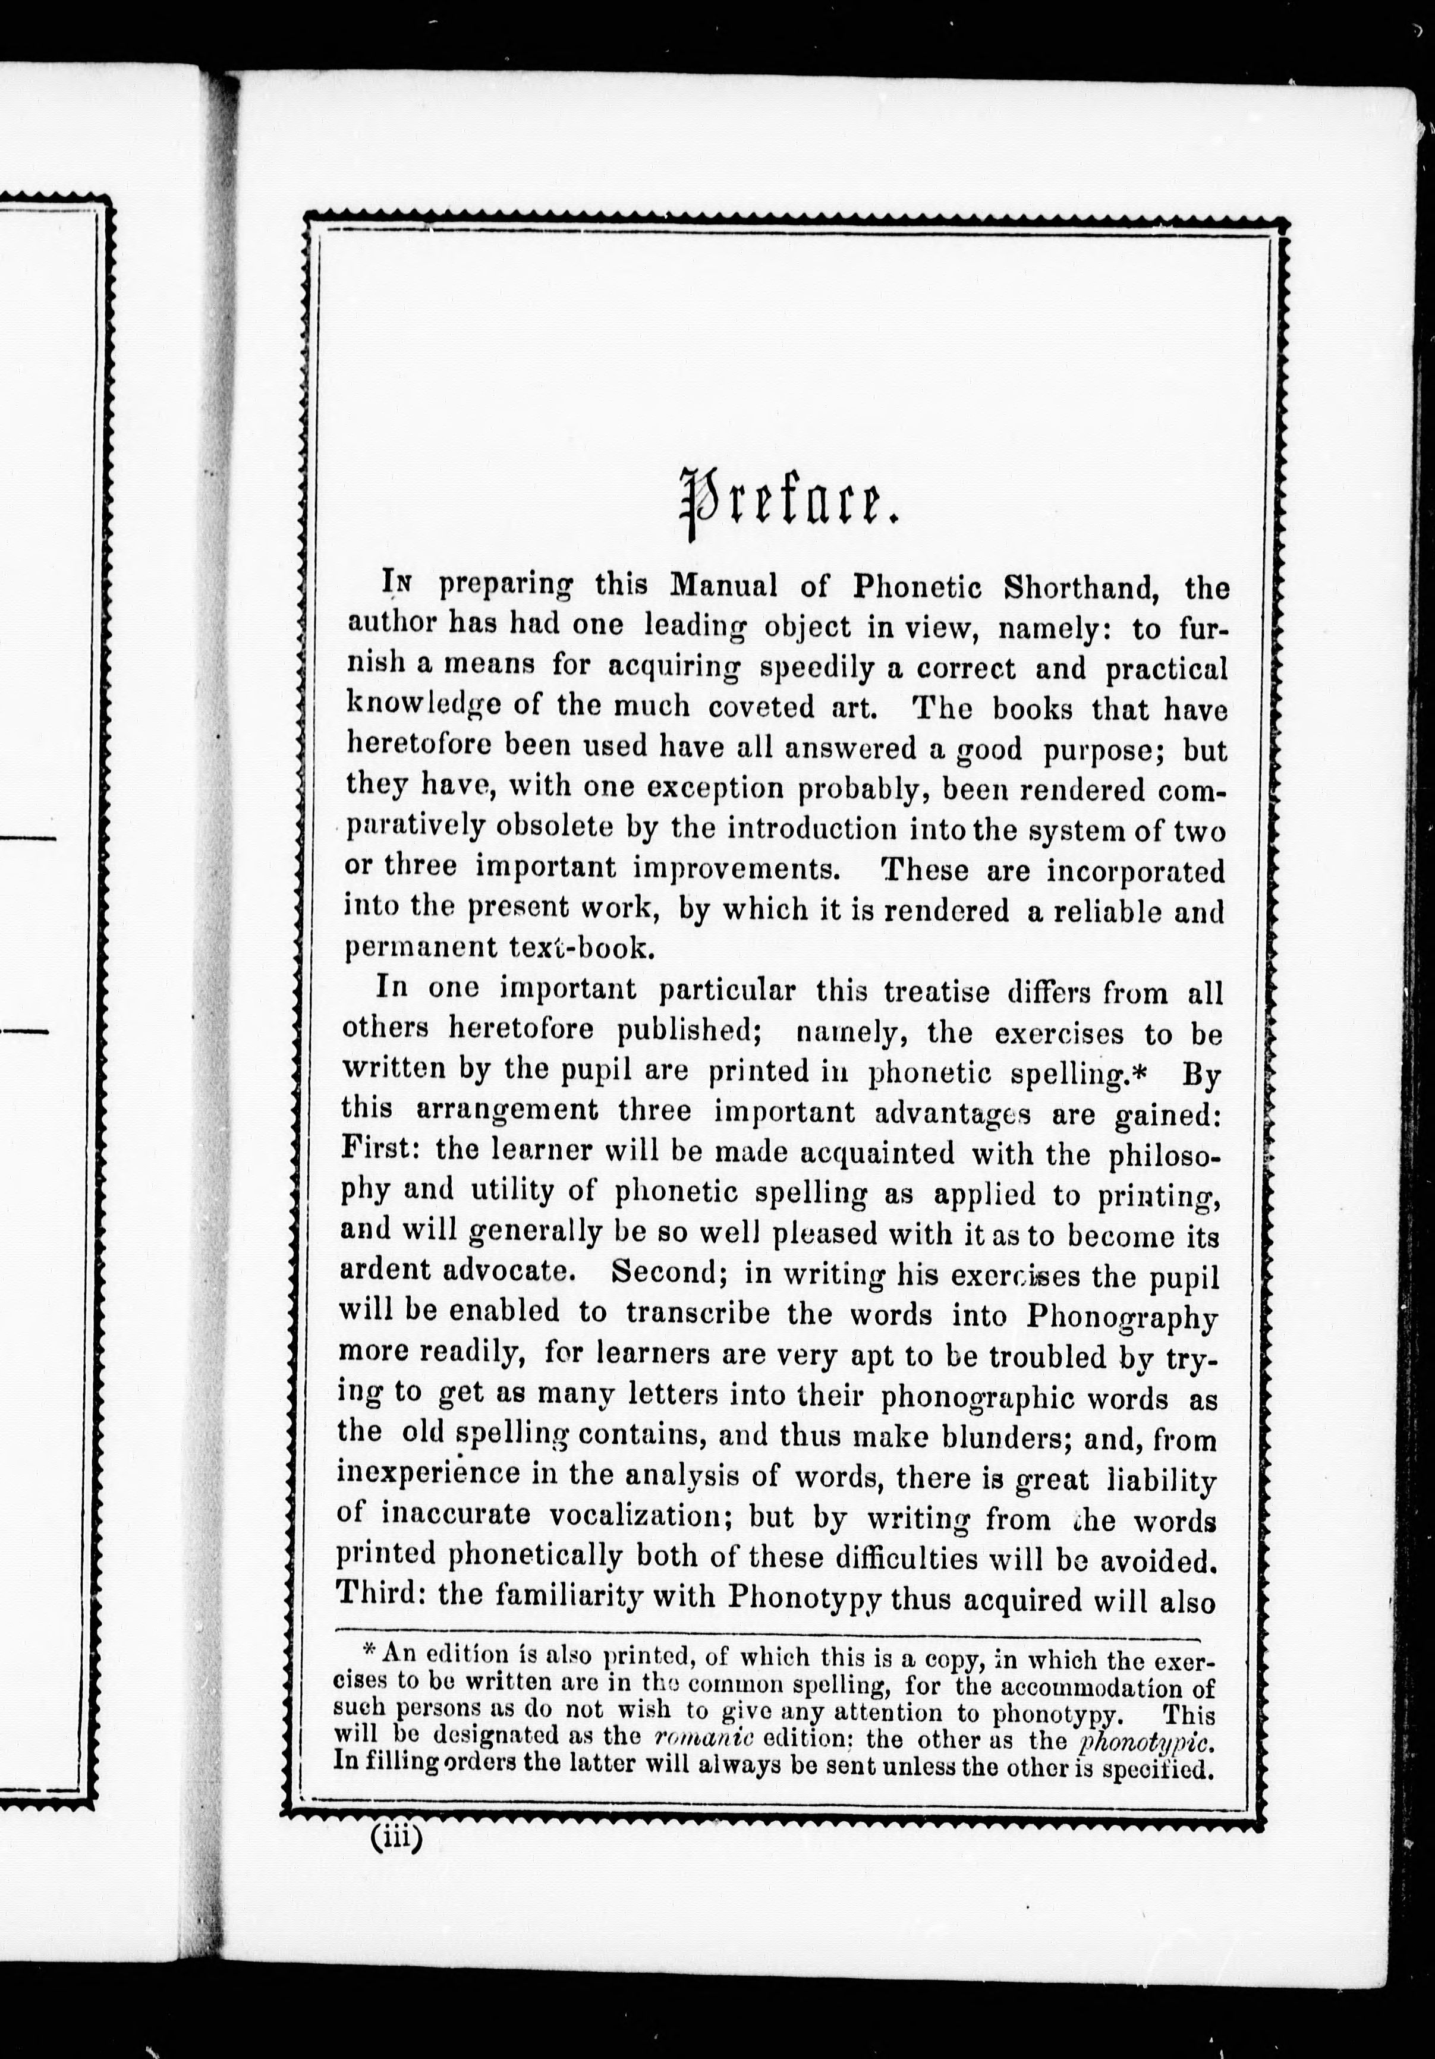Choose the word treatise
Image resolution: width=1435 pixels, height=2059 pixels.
937,992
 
